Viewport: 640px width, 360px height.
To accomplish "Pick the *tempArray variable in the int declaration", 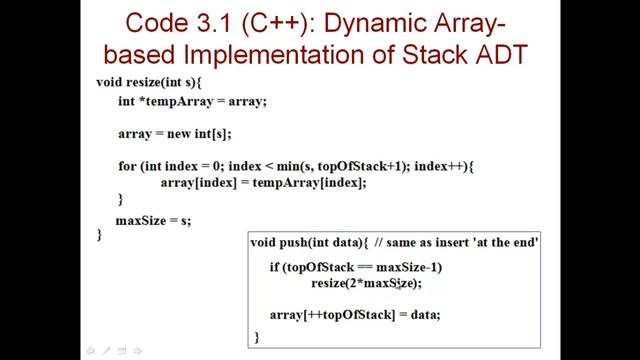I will pos(176,101).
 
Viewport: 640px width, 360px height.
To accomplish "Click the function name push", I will pos(303,243).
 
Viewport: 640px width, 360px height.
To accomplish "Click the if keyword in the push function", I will pos(275,267).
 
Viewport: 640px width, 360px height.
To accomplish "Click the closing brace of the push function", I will pos(257,337).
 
